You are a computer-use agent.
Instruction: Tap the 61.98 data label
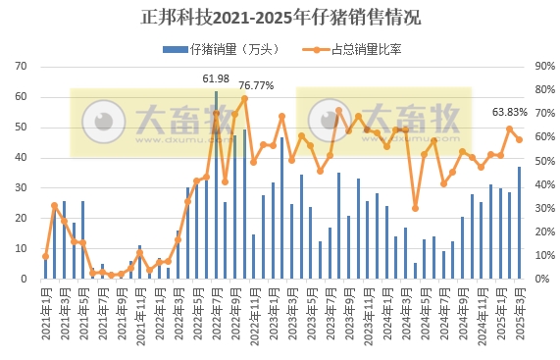click(216, 78)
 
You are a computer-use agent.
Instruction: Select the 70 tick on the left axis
click(20, 67)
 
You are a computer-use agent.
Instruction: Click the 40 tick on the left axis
click(20, 158)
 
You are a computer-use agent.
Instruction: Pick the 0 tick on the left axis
click(23, 280)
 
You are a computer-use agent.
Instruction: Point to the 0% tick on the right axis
click(541, 280)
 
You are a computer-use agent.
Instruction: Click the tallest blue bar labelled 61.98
click(216, 186)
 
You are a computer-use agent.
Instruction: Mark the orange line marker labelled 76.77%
click(244, 98)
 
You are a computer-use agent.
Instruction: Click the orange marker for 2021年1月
click(45, 256)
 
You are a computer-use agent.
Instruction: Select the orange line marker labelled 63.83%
click(509, 129)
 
